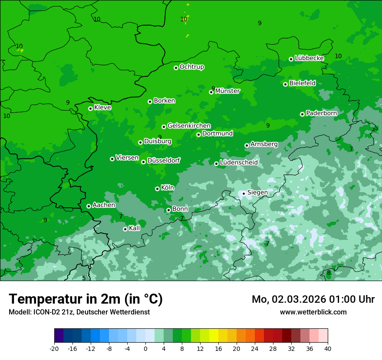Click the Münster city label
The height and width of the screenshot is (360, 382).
(x=227, y=91)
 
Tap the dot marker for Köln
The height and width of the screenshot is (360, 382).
(x=157, y=189)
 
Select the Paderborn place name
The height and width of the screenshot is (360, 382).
(x=321, y=113)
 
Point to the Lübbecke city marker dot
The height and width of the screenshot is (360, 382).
(x=291, y=59)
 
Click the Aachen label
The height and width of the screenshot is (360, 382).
(x=104, y=205)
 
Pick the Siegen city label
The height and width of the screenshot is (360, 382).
(x=257, y=193)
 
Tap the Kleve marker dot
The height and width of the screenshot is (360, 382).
(x=90, y=108)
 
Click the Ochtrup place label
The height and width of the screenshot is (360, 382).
(x=192, y=67)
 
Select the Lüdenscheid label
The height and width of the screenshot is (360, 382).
(x=239, y=163)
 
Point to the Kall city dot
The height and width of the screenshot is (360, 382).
(x=125, y=229)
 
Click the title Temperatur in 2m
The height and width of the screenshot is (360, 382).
(x=86, y=299)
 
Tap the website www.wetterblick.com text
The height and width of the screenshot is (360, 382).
(x=313, y=312)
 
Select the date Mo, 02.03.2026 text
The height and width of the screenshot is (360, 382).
(x=289, y=299)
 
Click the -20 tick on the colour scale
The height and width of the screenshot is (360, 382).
(x=54, y=349)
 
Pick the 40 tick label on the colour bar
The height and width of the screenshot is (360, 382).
(x=327, y=349)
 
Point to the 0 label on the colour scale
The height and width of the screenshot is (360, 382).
(x=145, y=349)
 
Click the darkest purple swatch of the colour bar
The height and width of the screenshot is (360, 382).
(x=59, y=336)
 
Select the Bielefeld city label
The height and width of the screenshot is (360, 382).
(x=302, y=83)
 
